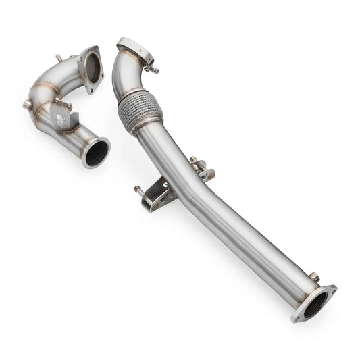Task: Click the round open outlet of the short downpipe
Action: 97,151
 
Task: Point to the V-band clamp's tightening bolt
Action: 155,68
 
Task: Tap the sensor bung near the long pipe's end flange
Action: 314,276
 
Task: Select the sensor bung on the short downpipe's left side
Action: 28,105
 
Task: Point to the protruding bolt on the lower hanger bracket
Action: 138,189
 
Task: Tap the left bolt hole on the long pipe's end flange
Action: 297,316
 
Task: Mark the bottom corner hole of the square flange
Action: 99,82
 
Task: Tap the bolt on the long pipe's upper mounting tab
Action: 194,159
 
